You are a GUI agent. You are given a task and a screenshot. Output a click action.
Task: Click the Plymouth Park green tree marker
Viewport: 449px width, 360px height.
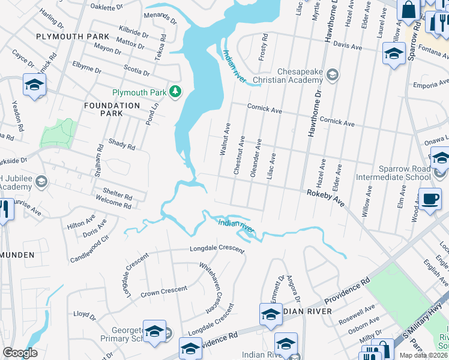pyautogui.click(x=175, y=92)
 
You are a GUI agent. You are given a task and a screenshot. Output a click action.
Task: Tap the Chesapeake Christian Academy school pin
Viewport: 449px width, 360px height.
pyautogui.click(x=333, y=75)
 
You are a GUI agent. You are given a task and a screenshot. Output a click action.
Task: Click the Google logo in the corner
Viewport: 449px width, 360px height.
pyautogui.click(x=20, y=353)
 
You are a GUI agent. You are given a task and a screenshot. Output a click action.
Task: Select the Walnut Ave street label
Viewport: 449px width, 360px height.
pyautogui.click(x=224, y=140)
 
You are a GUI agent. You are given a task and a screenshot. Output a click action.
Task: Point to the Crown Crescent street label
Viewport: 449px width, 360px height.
pyautogui.click(x=163, y=292)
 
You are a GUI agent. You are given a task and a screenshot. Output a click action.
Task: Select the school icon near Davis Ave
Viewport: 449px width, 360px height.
pyautogui.click(x=394, y=53)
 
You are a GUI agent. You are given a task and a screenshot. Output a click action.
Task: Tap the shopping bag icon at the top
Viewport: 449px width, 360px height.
pyautogui.click(x=408, y=11)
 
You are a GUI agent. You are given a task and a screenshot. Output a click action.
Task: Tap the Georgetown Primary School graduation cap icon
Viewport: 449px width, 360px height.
pyautogui.click(x=154, y=332)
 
